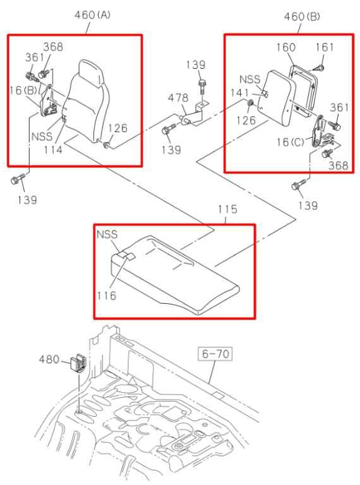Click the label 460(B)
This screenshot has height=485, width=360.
pos(302,17)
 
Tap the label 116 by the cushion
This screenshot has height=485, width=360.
pos(106,295)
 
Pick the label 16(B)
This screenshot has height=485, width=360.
pos(23,91)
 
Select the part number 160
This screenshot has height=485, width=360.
pos(286,48)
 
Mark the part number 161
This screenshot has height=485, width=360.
pos(323,48)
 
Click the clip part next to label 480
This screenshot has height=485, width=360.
pos(77,362)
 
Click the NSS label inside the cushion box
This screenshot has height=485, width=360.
pos(107,234)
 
